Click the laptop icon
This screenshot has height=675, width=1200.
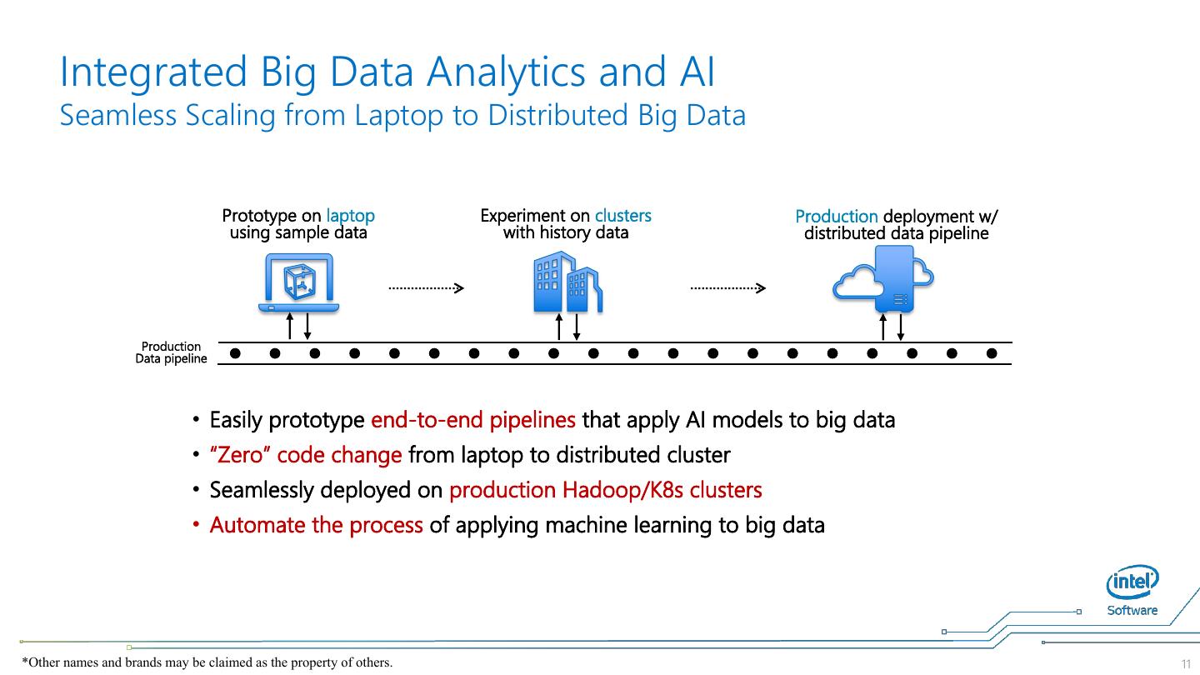299,283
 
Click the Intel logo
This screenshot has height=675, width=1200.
1132,582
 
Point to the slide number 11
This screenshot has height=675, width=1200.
1186,663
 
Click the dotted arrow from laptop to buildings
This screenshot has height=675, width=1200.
426,288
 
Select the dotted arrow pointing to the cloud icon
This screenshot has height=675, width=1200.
727,288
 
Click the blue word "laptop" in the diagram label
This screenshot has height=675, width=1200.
350,216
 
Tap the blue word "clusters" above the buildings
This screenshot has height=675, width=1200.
622,216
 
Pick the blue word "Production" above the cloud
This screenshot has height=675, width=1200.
836,217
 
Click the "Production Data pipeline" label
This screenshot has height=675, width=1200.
171,352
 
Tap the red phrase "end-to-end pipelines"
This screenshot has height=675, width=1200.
472,420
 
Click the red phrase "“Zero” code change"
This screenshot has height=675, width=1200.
305,455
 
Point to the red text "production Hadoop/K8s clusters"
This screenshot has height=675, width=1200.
605,490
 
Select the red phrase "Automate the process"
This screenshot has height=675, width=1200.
316,525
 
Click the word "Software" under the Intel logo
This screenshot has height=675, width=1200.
1132,610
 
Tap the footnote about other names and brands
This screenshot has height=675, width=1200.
207,662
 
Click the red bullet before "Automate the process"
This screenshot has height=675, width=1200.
197,525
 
